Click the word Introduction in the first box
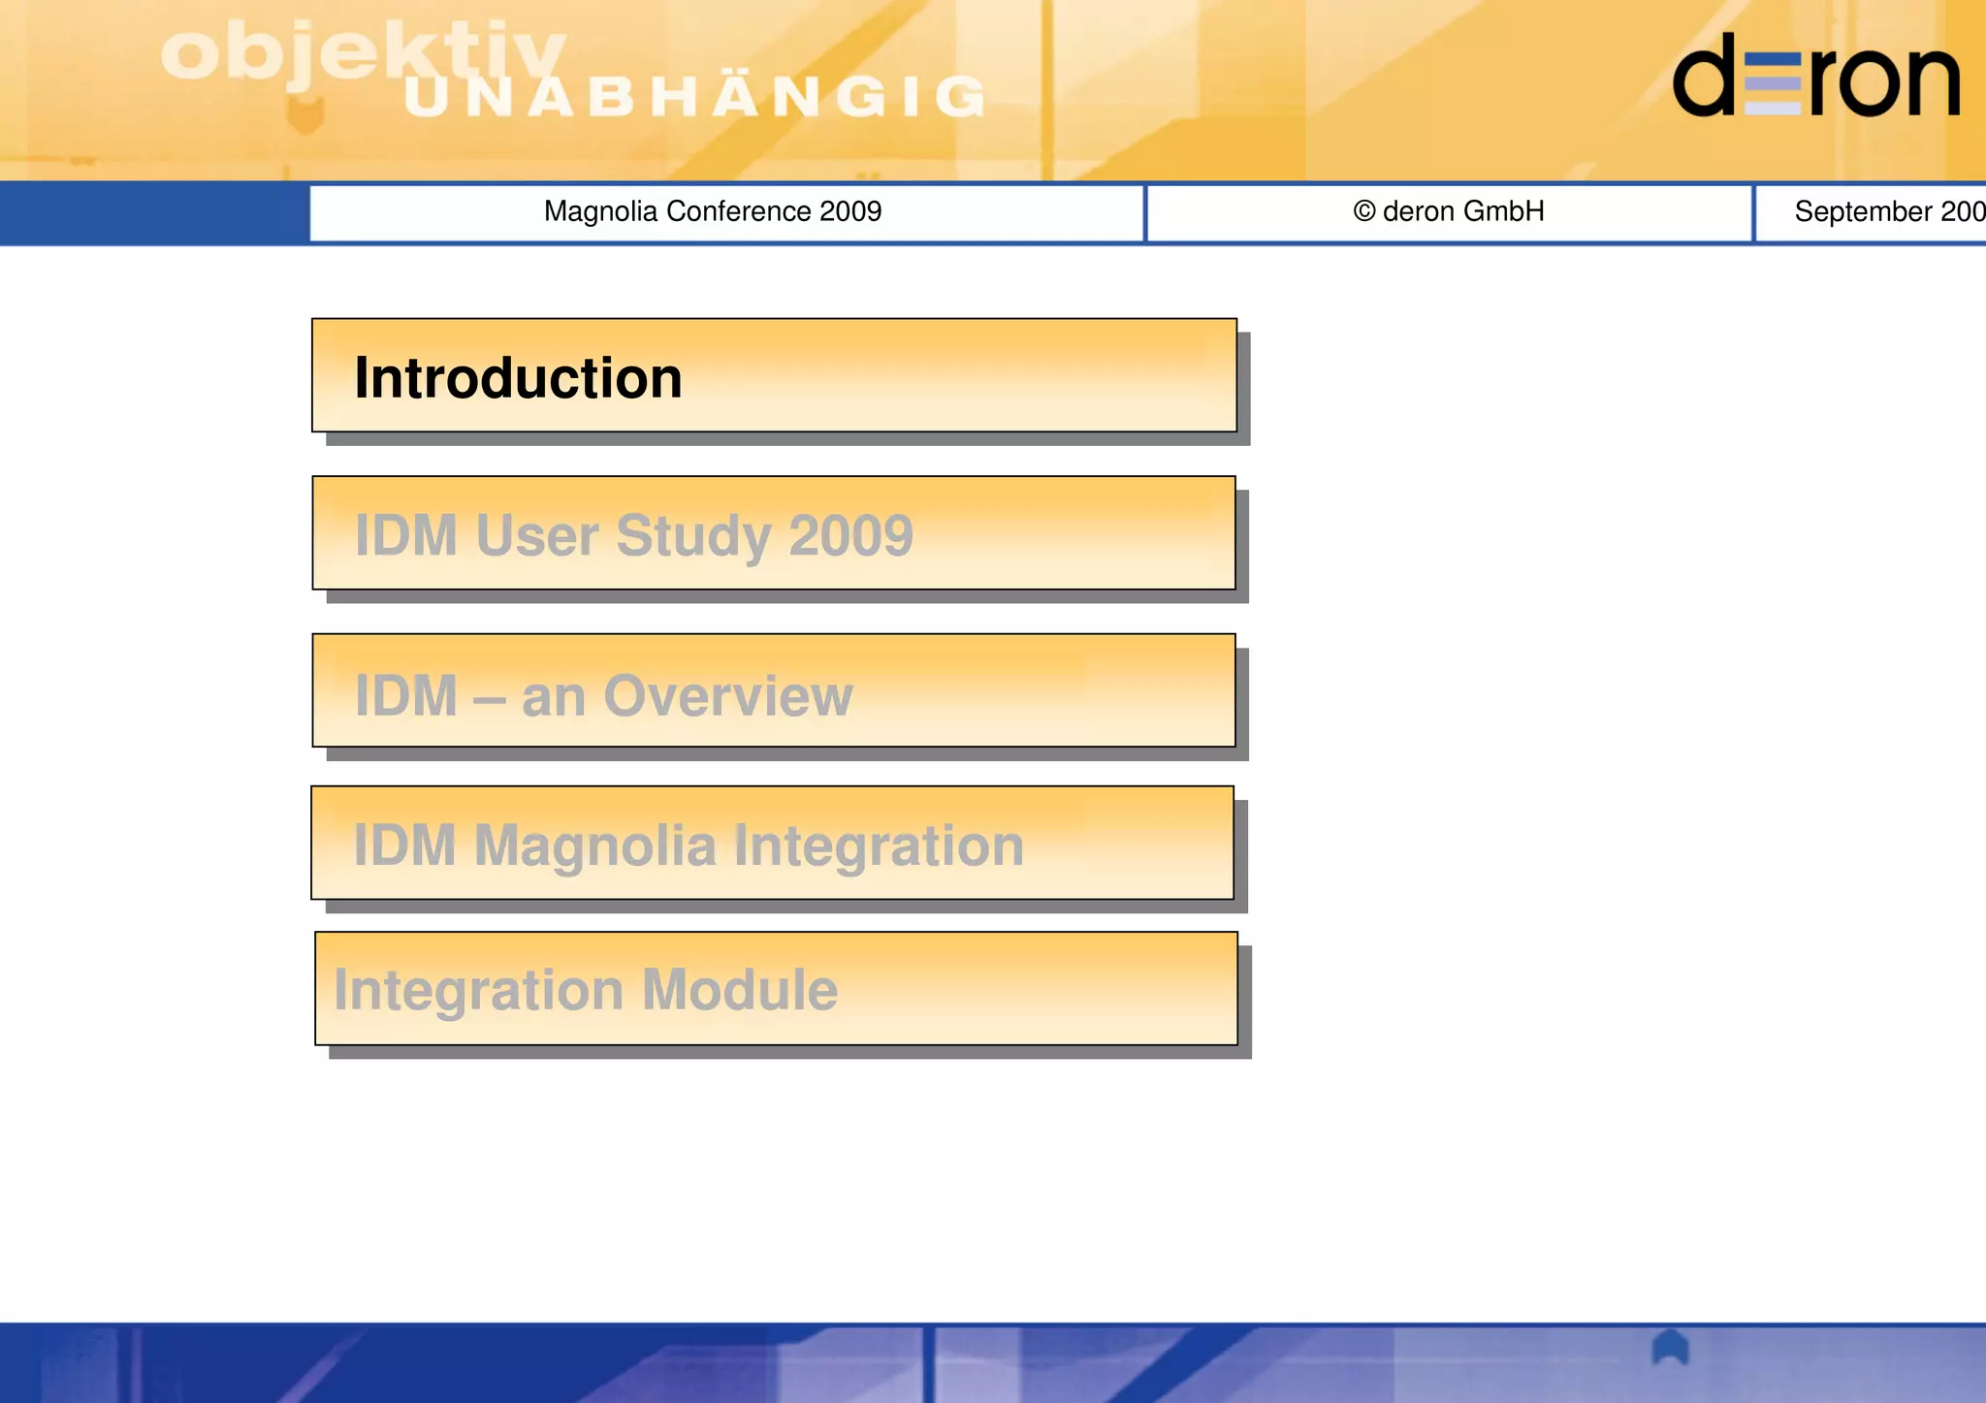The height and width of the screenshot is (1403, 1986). click(518, 378)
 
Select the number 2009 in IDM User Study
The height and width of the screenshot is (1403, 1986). click(850, 535)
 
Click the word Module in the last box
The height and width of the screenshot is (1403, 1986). click(739, 990)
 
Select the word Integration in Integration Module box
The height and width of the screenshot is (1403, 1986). click(478, 990)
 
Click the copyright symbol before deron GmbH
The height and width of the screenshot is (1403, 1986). click(1364, 211)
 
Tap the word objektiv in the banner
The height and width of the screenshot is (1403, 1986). click(359, 53)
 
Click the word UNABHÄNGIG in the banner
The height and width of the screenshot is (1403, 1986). click(693, 97)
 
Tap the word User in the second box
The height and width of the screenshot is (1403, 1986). click(536, 535)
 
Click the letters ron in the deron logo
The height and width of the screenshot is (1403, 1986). click(1884, 82)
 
